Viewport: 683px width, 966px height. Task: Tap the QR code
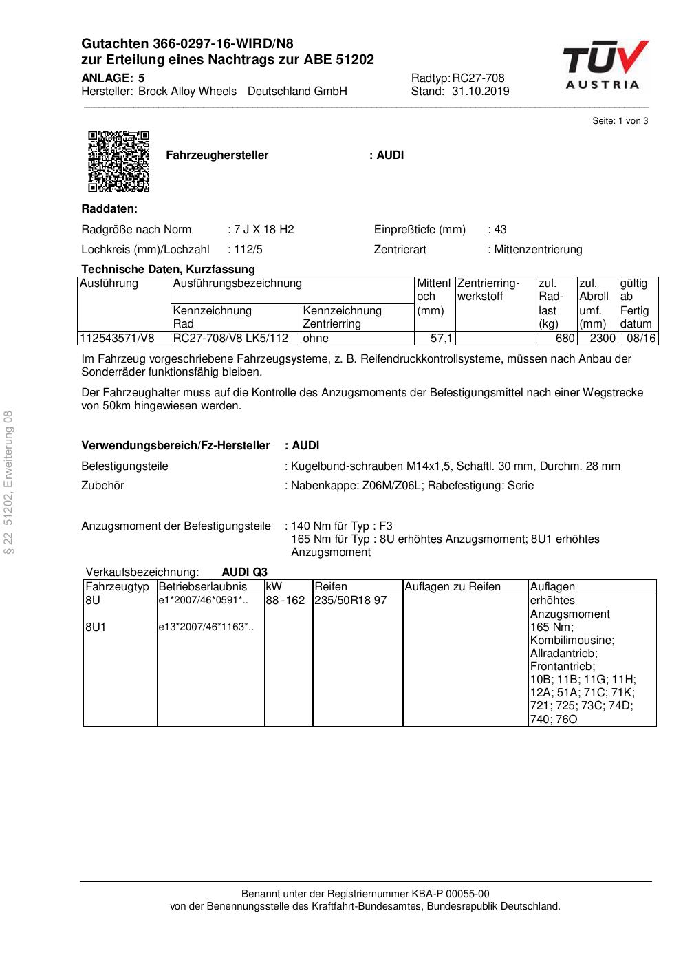[x=118, y=161]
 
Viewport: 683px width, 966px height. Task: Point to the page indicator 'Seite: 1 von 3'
[x=620, y=121]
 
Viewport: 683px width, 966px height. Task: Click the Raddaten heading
[x=109, y=209]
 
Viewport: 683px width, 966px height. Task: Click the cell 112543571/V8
[x=118, y=339]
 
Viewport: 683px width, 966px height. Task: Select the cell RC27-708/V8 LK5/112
[x=230, y=339]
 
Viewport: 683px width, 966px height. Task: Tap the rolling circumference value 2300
[x=603, y=339]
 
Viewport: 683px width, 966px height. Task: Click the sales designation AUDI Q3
[x=244, y=572]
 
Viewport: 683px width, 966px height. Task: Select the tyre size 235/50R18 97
[x=350, y=601]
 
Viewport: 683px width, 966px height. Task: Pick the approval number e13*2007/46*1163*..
[x=206, y=627]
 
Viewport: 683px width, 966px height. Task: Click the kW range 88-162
[x=285, y=601]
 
